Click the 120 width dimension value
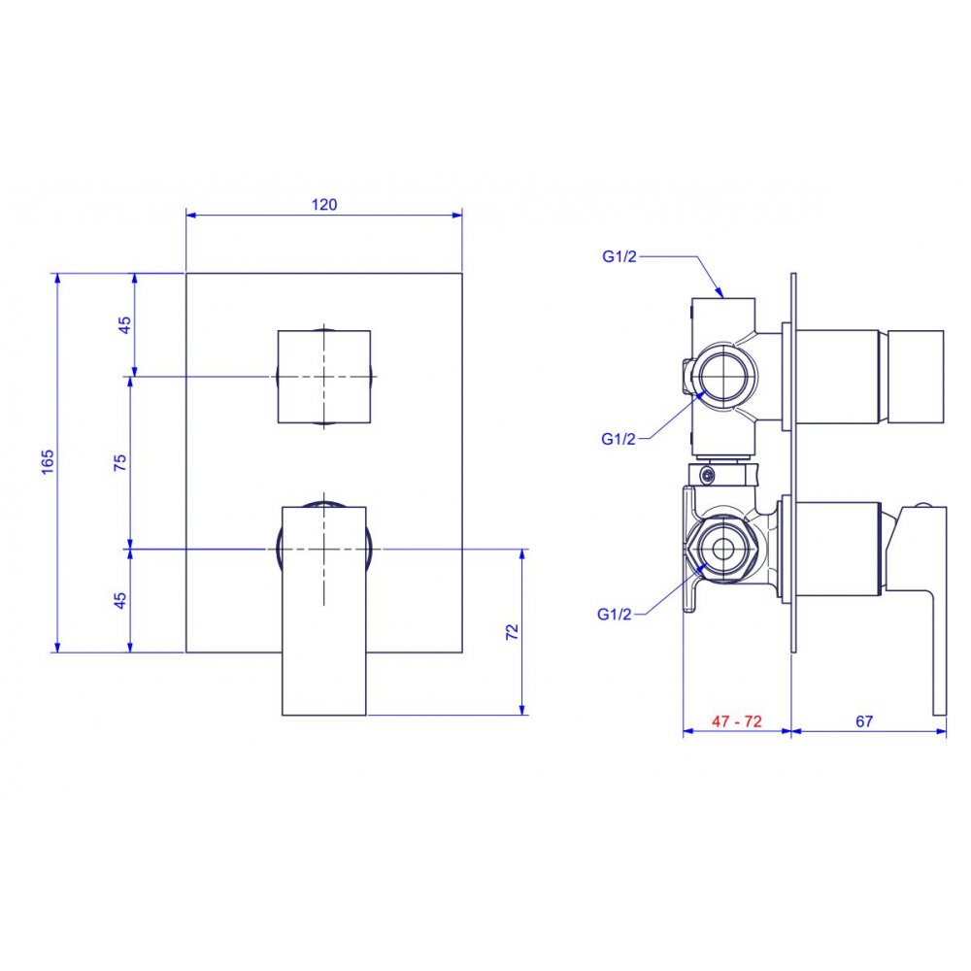coord(324,204)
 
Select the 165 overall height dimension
coord(48,462)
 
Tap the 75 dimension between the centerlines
coord(120,462)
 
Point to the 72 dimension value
coord(512,632)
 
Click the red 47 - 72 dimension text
coord(736,721)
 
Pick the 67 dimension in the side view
coord(864,721)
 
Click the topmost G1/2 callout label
coord(619,256)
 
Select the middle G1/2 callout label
coord(618,439)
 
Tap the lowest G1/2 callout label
coord(615,615)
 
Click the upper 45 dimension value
coord(124,325)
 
